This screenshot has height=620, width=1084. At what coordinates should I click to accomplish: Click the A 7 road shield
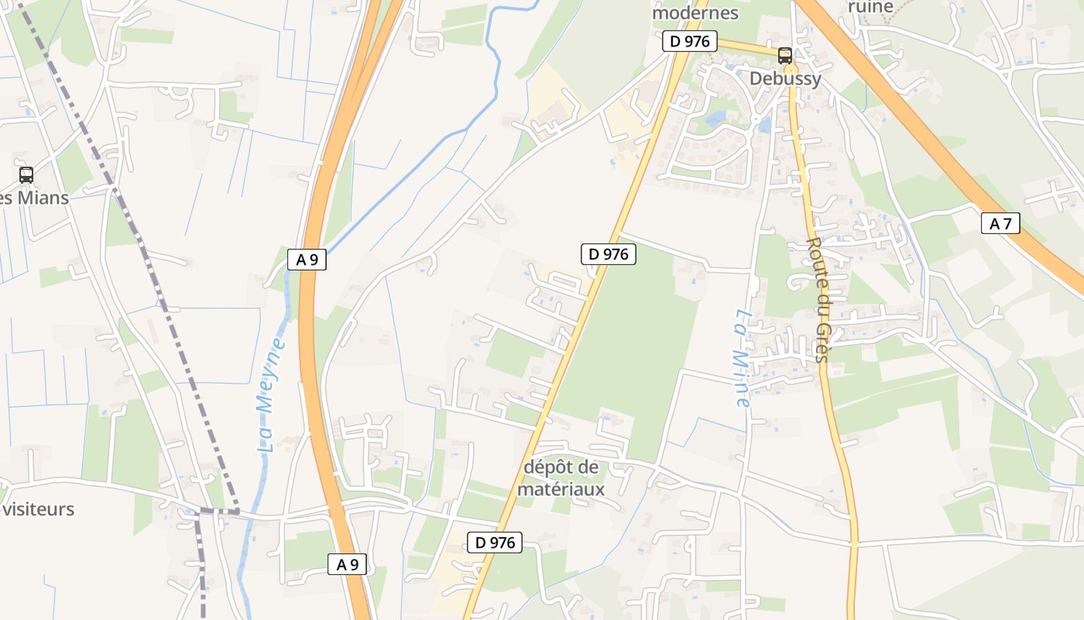(x=1000, y=224)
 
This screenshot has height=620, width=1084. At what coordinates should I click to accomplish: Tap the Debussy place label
(x=785, y=78)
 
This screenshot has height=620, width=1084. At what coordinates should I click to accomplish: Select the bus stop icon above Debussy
(x=785, y=56)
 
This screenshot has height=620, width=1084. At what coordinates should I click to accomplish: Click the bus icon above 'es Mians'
(x=26, y=175)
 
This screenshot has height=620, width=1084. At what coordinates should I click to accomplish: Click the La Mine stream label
(x=742, y=358)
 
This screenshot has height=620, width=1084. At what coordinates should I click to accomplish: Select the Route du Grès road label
(x=818, y=299)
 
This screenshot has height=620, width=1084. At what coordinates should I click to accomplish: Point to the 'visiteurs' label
(x=39, y=509)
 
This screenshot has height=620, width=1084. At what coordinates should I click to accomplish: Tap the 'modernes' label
(x=695, y=13)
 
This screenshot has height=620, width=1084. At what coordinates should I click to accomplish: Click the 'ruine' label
(x=870, y=7)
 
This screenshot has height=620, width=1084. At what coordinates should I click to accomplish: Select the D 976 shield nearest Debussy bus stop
(x=690, y=41)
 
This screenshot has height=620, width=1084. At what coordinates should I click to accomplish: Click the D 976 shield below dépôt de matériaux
(x=495, y=542)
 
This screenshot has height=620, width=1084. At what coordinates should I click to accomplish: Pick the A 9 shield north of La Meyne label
(x=307, y=260)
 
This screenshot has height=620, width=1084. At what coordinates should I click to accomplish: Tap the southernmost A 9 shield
(x=347, y=564)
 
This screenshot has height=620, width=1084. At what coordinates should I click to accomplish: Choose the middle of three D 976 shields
(x=609, y=253)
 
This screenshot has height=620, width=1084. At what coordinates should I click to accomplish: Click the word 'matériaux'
(x=561, y=489)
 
